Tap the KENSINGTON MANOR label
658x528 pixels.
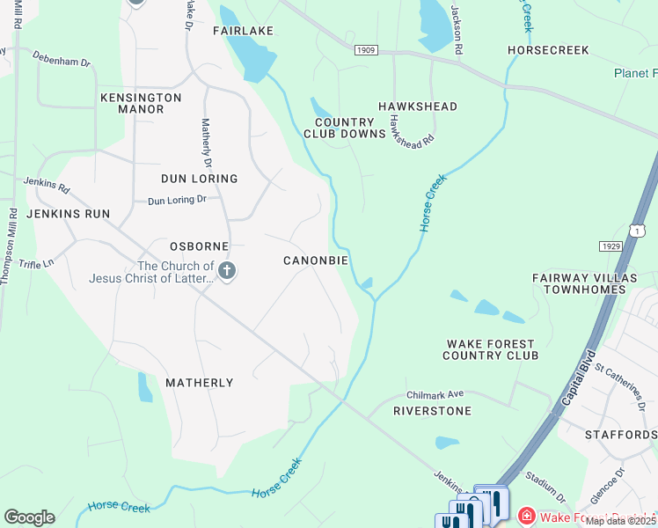pos(141,103)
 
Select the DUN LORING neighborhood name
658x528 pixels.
pos(199,179)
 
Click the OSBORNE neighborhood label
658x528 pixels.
pos(199,246)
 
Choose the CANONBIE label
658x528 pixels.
pos(315,260)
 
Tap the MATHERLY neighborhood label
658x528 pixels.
pos(200,383)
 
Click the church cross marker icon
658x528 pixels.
pos(227,272)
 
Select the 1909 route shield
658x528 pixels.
pos(366,50)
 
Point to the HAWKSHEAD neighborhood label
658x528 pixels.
pos(418,106)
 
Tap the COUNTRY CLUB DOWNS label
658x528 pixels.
pos(345,128)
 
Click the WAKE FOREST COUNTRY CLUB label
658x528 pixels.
pos(491,349)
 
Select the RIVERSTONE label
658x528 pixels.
pos(432,411)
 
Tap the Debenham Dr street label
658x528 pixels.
pos(62,62)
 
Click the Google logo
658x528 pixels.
pos(29,517)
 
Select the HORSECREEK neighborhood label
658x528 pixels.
pos(548,50)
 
